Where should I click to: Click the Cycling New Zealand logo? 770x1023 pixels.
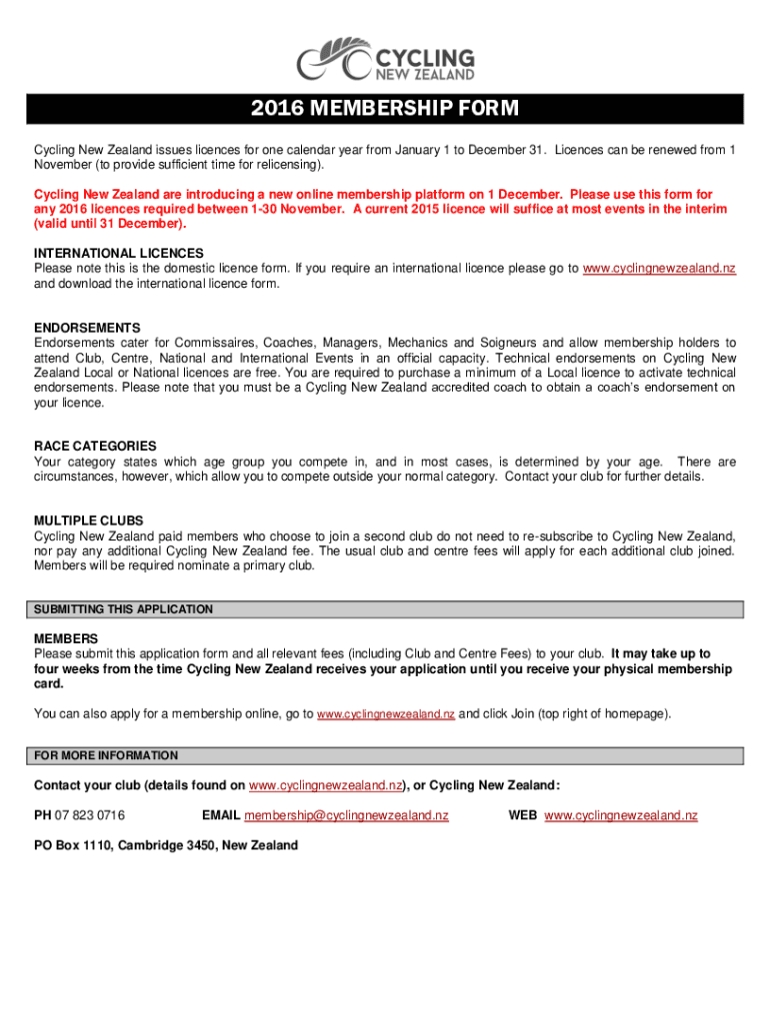pos(385,59)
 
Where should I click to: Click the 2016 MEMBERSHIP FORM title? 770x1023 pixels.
pos(385,109)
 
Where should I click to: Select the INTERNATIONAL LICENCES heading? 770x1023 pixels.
pos(119,254)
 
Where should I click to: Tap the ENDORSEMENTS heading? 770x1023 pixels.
pos(87,328)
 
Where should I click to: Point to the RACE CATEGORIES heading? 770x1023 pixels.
pos(95,447)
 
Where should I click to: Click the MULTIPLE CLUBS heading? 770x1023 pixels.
pos(89,520)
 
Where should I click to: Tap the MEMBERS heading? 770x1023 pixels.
pos(66,638)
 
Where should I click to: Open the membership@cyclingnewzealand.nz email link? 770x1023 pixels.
pos(346,815)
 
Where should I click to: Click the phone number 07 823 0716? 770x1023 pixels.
pos(90,815)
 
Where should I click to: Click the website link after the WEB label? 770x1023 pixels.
pos(621,815)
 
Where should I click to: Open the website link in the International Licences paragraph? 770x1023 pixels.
pos(659,269)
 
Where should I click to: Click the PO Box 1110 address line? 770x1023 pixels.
pos(166,845)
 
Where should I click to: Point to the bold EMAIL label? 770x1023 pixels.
pos(220,815)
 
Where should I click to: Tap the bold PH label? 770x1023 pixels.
pos(43,815)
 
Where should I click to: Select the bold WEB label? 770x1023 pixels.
pos(523,815)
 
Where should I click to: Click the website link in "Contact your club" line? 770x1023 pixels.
pos(325,785)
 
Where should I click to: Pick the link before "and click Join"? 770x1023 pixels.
pos(385,715)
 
